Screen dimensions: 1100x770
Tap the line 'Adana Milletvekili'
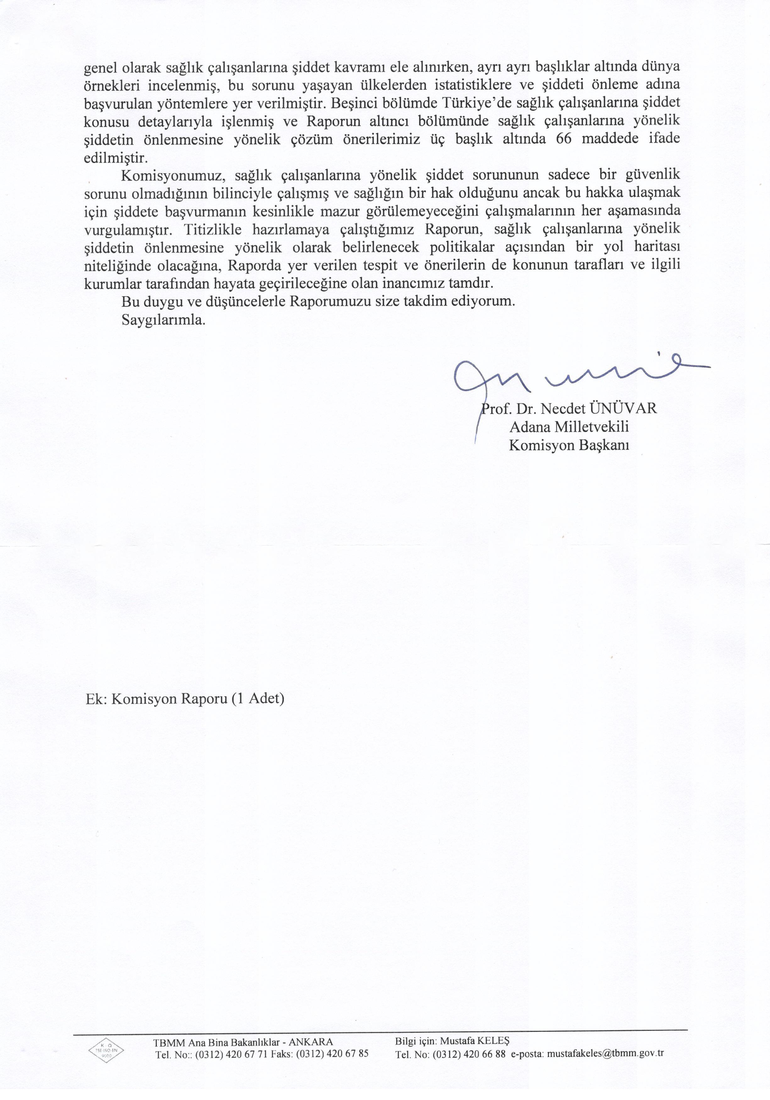pos(569,427)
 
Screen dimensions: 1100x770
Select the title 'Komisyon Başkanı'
pos(569,446)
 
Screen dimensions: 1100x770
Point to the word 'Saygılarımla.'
pos(163,320)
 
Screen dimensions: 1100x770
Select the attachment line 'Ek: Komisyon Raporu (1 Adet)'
pos(184,699)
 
